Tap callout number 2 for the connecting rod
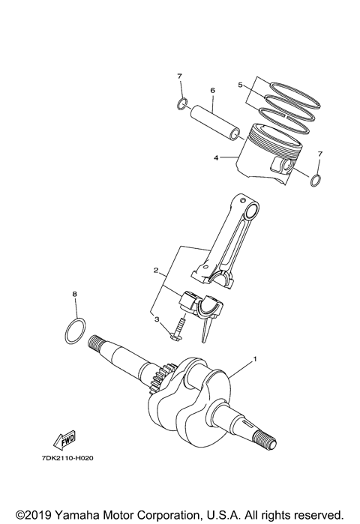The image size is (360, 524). click(x=155, y=270)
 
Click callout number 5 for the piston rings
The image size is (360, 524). click(x=240, y=85)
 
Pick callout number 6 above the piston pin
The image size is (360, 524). click(x=212, y=91)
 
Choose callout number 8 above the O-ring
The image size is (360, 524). click(x=74, y=295)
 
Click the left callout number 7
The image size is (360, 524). click(x=179, y=76)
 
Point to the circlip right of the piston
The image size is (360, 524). click(x=316, y=179)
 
